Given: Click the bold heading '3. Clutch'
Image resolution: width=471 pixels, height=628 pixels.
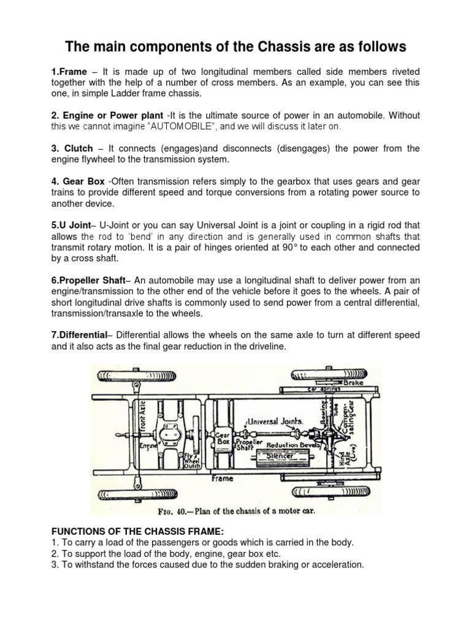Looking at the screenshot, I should coord(72,149).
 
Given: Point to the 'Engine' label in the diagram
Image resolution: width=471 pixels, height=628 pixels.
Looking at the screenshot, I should coord(147,446).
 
